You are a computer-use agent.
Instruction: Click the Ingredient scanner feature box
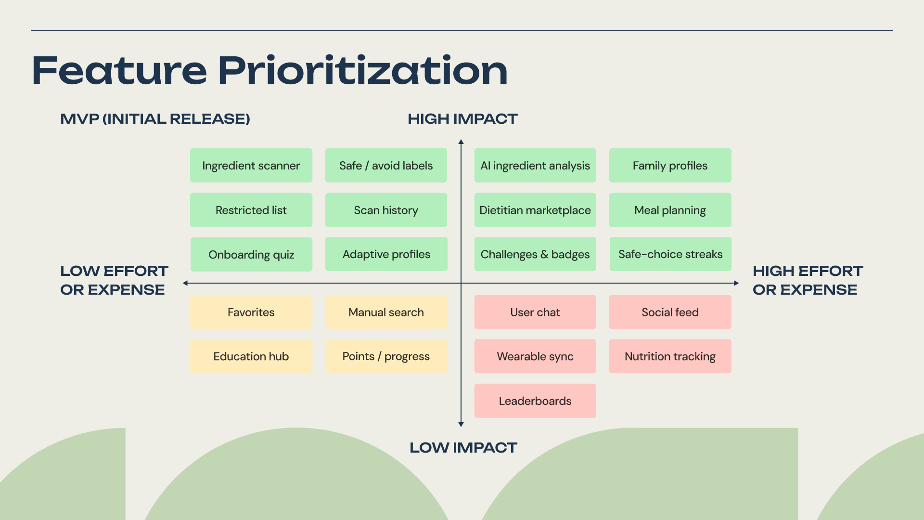(251, 166)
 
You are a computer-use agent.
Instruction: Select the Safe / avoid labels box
(386, 166)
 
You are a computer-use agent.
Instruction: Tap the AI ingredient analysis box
(535, 166)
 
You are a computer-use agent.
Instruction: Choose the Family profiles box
(670, 166)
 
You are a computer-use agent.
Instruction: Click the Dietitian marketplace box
(535, 210)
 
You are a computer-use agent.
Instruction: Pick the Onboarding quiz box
(251, 255)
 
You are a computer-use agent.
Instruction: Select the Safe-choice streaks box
(670, 254)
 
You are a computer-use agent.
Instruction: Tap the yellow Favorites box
(251, 312)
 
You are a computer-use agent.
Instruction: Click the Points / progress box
(386, 357)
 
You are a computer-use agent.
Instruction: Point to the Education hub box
(251, 357)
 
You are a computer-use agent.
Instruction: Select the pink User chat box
(535, 312)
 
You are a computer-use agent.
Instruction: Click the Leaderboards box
(535, 401)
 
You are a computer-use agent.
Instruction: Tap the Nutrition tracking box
(670, 357)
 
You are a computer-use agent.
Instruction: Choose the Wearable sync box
(535, 357)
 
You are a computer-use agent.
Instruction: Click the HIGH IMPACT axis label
(462, 119)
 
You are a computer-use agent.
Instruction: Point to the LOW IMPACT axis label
(463, 448)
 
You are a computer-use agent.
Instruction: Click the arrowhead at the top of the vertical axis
(461, 142)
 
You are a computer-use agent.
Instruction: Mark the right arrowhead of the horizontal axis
(736, 283)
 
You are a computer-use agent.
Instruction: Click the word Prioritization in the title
(363, 71)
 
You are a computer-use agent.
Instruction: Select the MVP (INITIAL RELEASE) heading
(155, 119)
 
